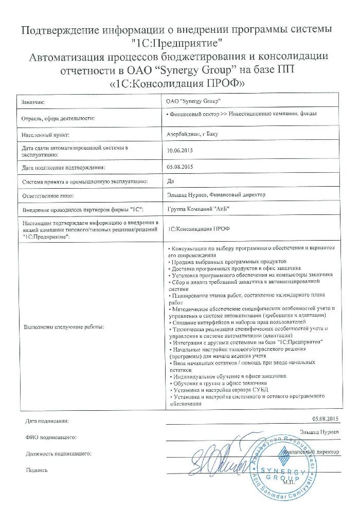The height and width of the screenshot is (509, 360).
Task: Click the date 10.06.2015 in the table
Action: [x=179, y=151]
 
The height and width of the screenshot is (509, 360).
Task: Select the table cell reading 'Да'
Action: [x=171, y=181]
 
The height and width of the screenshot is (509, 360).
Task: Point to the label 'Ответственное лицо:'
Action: [x=48, y=196]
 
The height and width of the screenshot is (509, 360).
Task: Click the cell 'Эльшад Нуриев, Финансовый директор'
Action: [x=215, y=195]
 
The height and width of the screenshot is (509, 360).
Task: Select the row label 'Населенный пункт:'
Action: [x=45, y=136]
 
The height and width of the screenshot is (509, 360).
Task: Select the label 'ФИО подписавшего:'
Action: [x=50, y=437]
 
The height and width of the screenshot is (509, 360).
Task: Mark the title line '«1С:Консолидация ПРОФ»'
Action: [x=181, y=83]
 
